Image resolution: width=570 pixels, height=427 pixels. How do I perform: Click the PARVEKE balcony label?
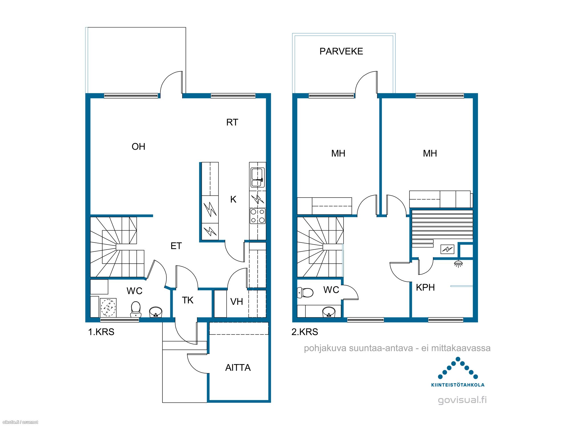click(x=341, y=51)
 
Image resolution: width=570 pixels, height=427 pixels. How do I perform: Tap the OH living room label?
click(x=139, y=147)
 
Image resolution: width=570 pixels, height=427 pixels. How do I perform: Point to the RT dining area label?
click(x=232, y=122)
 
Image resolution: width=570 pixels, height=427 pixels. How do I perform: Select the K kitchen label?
click(x=233, y=200)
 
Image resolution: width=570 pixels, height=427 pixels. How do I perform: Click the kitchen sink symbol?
click(x=257, y=178)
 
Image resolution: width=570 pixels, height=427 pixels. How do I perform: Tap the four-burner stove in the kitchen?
click(x=258, y=216)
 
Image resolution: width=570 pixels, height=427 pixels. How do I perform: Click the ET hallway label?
click(x=176, y=246)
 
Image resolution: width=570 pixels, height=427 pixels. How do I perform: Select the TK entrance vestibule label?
click(x=188, y=300)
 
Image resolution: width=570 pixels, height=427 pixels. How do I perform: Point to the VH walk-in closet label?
click(x=237, y=302)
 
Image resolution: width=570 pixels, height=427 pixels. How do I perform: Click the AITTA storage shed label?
click(x=238, y=368)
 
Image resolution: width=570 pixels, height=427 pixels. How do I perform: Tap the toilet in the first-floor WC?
click(x=136, y=309)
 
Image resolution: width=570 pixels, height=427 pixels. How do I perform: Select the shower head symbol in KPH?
click(x=458, y=264)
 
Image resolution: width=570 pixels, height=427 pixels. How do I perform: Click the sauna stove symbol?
click(x=447, y=249)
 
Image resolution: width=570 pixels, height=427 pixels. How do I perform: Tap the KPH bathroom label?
click(x=425, y=288)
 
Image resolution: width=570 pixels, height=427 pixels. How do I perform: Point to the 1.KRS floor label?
click(x=101, y=332)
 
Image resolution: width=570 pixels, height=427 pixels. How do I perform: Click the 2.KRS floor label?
click(x=305, y=332)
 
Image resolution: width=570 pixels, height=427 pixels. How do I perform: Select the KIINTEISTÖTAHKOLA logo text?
click(x=458, y=385)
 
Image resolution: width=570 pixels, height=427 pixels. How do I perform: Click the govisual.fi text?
click(x=462, y=400)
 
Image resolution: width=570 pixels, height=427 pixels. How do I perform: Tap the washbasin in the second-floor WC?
click(x=329, y=312)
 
